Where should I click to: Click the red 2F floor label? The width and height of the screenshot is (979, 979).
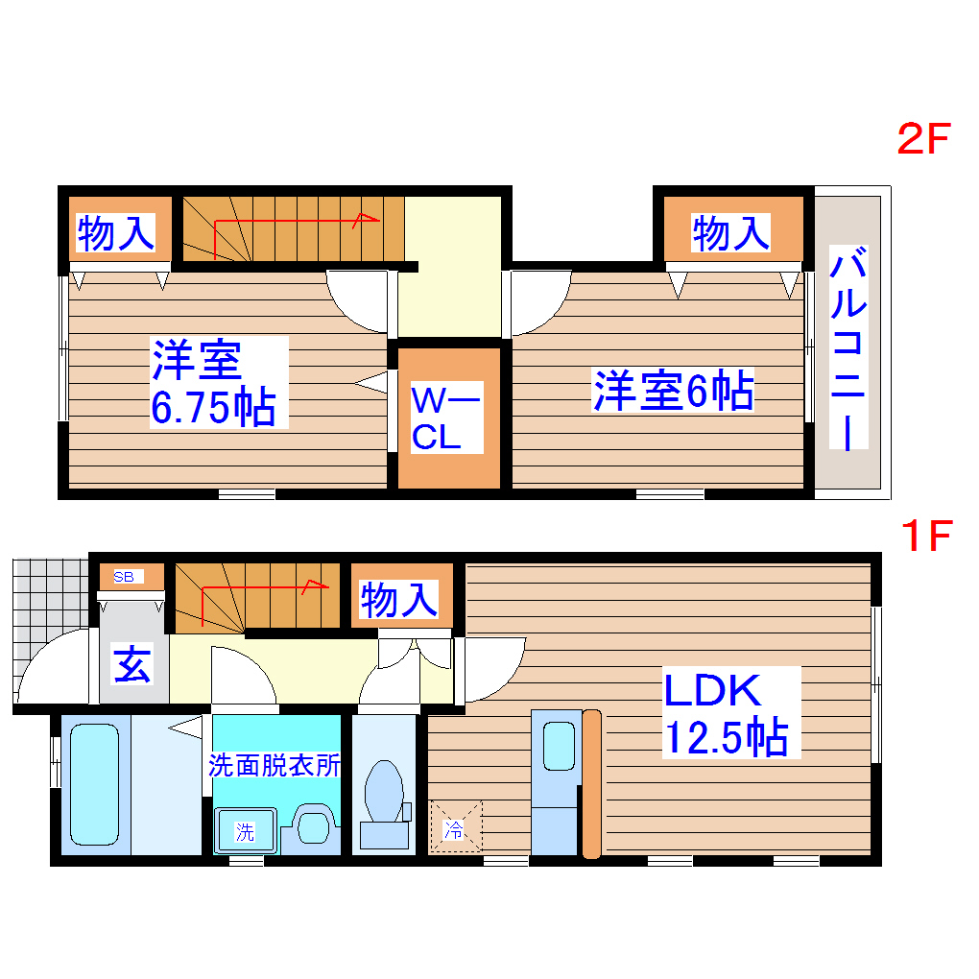(922, 140)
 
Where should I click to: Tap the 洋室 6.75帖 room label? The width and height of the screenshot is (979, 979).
(213, 382)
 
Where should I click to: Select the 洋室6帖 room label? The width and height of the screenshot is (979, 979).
(672, 391)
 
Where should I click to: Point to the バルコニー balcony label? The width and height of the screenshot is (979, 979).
(848, 349)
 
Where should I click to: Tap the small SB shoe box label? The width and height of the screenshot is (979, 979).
(125, 577)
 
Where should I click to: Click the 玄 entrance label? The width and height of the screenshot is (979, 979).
(132, 665)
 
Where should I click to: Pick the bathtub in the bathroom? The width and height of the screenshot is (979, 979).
(94, 784)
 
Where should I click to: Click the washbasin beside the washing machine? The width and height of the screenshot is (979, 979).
(313, 824)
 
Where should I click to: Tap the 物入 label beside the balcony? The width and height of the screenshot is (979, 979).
(731, 232)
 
